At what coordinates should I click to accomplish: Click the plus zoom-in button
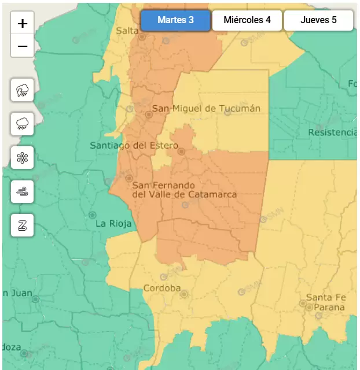click(x=23, y=23)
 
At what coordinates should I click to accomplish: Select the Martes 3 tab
click(x=175, y=20)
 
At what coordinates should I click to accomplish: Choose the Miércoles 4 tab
click(x=247, y=20)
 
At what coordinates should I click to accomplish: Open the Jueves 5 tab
click(x=318, y=20)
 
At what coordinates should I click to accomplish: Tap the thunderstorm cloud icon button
click(x=23, y=90)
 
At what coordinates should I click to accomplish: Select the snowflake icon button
click(x=23, y=157)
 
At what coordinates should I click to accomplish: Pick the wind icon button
click(x=23, y=191)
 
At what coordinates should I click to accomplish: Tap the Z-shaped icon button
click(x=23, y=225)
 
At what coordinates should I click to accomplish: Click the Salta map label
click(x=127, y=31)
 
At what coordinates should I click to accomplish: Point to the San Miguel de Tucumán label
click(x=205, y=108)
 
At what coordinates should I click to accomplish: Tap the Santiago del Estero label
click(x=134, y=146)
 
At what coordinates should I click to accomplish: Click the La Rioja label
click(x=113, y=223)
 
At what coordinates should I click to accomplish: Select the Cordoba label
click(x=162, y=288)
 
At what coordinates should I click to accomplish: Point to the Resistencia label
click(x=332, y=132)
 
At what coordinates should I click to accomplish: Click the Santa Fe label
click(x=326, y=297)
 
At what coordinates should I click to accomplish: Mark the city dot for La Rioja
click(x=92, y=214)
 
